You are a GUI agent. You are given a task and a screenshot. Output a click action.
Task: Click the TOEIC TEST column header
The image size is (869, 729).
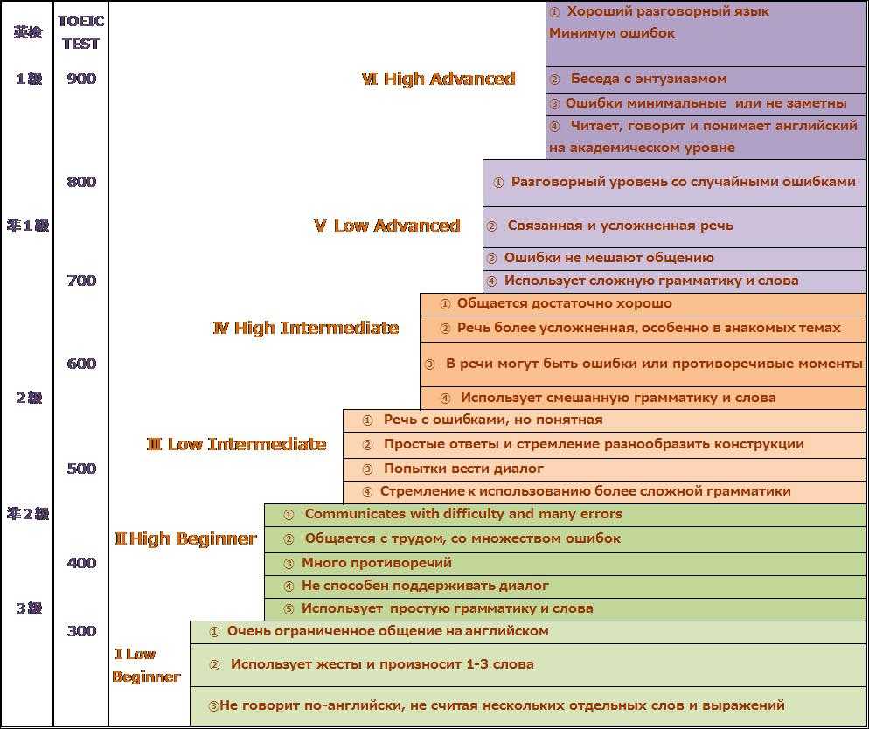coord(81,32)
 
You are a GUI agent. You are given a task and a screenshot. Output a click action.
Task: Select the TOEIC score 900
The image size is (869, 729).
coord(81,79)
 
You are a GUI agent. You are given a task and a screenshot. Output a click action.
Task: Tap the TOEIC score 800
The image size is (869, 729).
coord(81,182)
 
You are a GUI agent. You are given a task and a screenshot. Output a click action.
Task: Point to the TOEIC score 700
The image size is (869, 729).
coord(81,281)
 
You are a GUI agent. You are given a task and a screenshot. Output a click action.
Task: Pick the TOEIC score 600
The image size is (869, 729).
coord(81,364)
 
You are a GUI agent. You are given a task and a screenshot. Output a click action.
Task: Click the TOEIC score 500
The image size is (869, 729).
coord(81,469)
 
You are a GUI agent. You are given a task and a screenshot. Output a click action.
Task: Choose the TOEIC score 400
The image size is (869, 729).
coord(81,563)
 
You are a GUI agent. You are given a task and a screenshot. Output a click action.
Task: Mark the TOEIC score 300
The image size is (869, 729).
coord(81,631)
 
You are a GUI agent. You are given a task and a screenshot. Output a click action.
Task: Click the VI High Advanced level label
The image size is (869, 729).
coord(438,80)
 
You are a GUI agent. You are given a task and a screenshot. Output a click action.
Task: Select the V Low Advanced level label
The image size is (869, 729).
coord(387,226)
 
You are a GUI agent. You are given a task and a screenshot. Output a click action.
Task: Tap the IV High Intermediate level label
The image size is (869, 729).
coord(306,329)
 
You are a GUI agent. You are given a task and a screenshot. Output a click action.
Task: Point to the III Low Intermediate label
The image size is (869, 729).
coord(236,445)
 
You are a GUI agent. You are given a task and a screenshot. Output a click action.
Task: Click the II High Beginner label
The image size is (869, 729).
coord(185,539)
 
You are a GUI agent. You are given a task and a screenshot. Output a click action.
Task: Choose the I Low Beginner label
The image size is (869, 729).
coord(146,665)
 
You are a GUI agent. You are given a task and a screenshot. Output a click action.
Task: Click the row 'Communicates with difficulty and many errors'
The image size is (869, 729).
coord(463,514)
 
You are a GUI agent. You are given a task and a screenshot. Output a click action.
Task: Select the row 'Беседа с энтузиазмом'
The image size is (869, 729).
coord(648,79)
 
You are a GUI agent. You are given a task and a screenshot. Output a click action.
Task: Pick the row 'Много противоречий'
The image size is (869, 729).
coord(376,563)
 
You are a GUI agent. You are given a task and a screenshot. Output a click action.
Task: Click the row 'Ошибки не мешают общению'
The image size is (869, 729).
coord(608,258)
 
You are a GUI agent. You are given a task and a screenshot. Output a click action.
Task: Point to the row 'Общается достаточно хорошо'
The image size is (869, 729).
coord(564,303)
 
